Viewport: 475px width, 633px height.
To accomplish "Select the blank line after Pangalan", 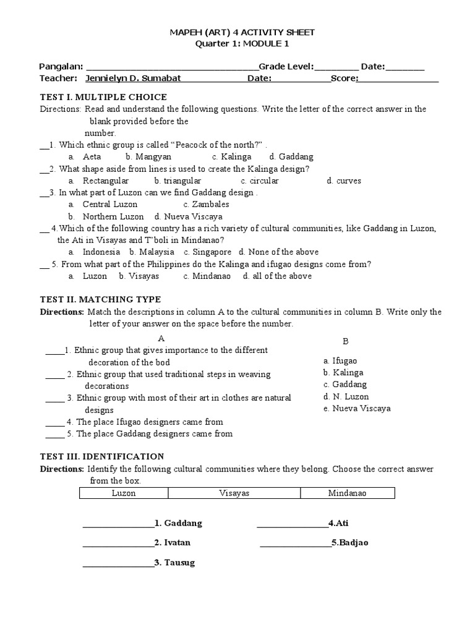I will pyautogui.click(x=171, y=67).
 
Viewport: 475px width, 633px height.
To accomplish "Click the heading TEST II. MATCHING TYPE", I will pyautogui.click(x=100, y=300).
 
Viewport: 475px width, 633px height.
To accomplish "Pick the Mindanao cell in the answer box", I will pyautogui.click(x=347, y=493).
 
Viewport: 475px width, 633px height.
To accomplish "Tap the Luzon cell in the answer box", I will pyautogui.click(x=124, y=493).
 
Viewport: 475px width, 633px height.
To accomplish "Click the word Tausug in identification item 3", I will pyautogui.click(x=180, y=563).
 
